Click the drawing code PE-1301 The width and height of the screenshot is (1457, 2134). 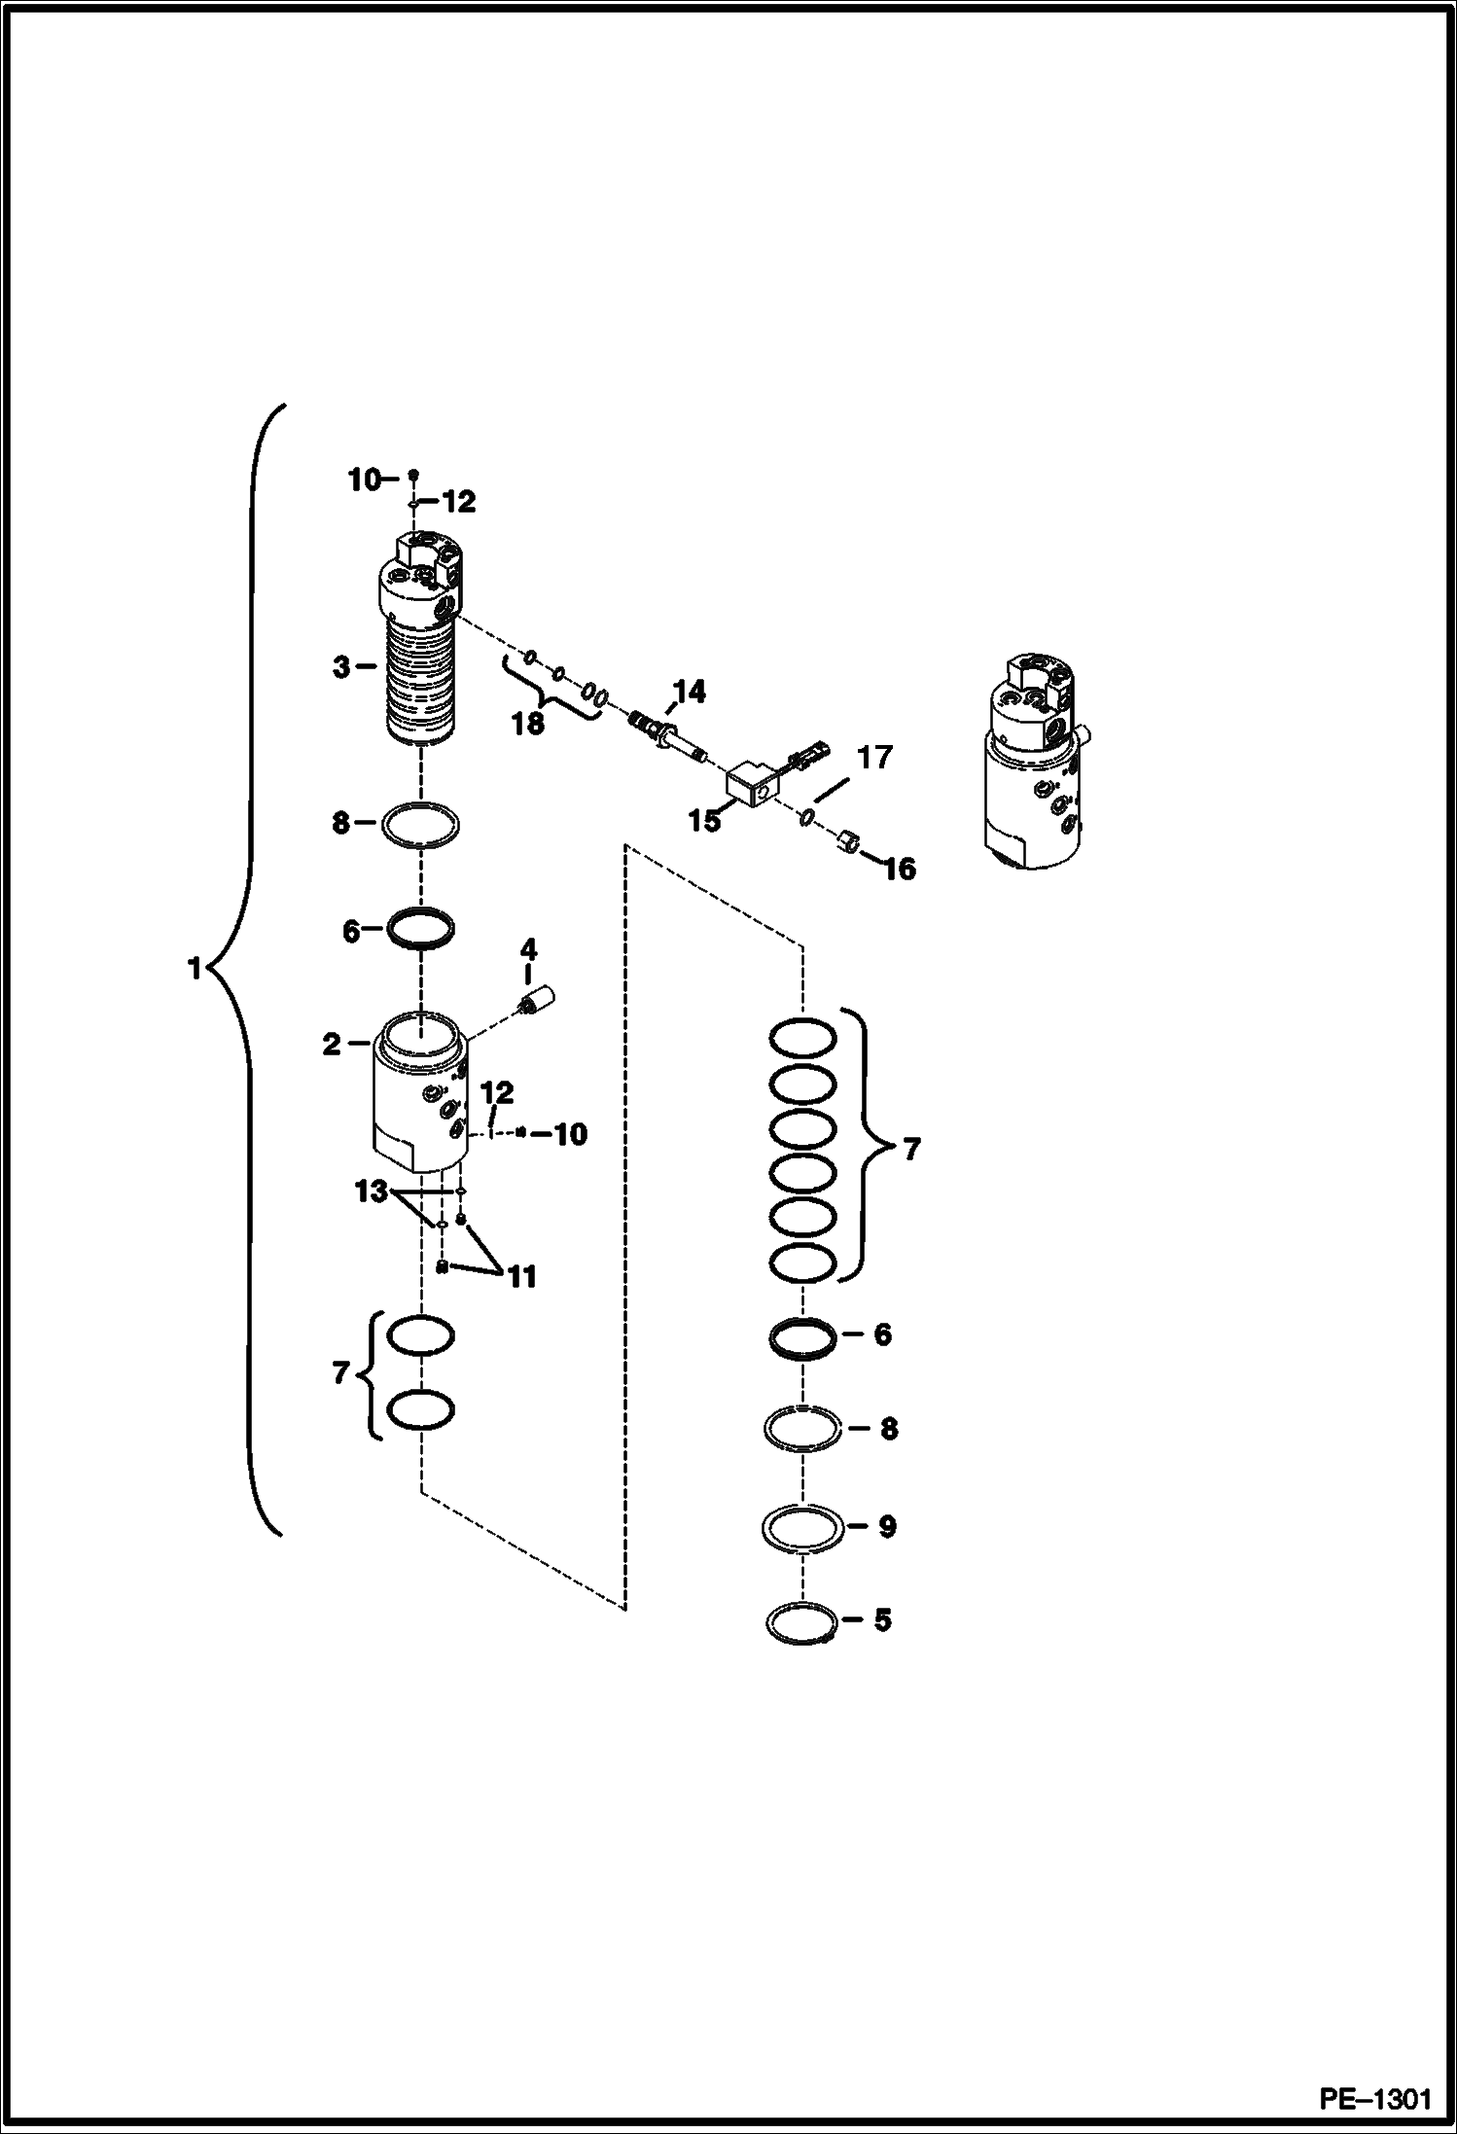[1374, 2096]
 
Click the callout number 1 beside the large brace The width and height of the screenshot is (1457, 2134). [195, 969]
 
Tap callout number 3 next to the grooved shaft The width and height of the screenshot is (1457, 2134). [340, 668]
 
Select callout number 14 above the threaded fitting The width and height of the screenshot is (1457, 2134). [689, 693]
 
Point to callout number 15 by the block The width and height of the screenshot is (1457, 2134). [705, 820]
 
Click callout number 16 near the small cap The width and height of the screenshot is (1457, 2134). [901, 869]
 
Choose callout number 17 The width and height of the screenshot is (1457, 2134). [874, 757]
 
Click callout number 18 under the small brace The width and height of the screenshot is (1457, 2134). [529, 724]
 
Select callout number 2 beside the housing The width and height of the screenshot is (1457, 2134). [332, 1045]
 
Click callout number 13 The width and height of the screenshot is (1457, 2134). [372, 1191]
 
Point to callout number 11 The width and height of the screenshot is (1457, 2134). [522, 1276]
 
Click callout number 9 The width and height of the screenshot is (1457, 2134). [886, 1526]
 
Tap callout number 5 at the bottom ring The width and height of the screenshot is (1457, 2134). [882, 1619]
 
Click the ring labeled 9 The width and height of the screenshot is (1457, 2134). [801, 1527]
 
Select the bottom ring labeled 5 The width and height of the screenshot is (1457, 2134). [801, 1622]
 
